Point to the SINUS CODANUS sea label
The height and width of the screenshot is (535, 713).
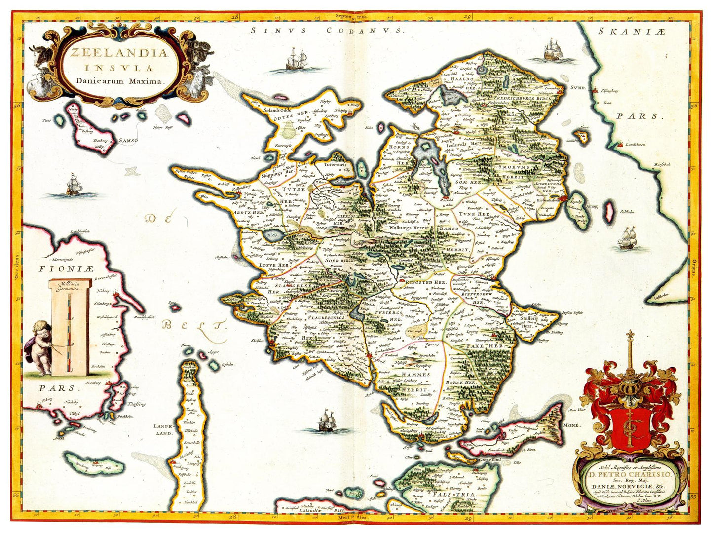327,30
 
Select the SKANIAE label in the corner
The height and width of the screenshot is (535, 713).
632,31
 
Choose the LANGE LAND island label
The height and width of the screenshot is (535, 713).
163,429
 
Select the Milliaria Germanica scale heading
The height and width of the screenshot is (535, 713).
70,287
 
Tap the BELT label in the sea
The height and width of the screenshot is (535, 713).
193,326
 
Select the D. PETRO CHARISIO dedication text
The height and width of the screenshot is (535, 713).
630,475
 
